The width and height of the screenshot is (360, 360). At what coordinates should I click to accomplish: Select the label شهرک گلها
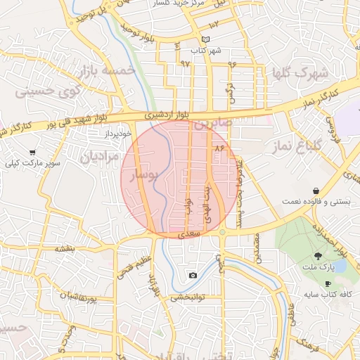pyautogui.click(x=303, y=72)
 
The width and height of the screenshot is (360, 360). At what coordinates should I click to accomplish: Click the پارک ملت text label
pyautogui.click(x=318, y=267)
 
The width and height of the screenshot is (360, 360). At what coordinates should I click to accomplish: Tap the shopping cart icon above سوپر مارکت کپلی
pyautogui.click(x=32, y=153)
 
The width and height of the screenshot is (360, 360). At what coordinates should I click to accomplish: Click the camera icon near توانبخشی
pyautogui.click(x=193, y=275)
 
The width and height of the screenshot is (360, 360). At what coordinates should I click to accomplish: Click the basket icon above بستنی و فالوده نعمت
pyautogui.click(x=316, y=191)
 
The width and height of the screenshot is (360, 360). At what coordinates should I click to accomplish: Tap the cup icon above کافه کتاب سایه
pyautogui.click(x=328, y=283)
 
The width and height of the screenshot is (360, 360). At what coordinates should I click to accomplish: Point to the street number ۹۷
pyautogui.click(x=186, y=63)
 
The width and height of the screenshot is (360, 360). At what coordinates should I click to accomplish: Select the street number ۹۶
pyautogui.click(x=232, y=64)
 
